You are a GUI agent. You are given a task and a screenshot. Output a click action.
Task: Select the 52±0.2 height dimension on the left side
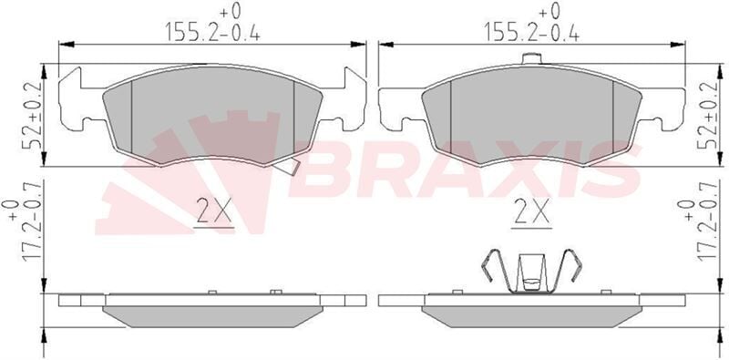pyautogui.click(x=33, y=115)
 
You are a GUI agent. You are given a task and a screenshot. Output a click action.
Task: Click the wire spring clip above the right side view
pyautogui.click(x=531, y=272)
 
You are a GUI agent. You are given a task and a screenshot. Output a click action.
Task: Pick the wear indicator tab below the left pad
pyautogui.click(x=285, y=166)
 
